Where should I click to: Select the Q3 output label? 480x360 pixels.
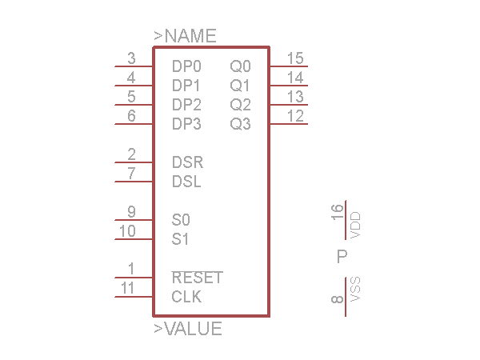pos(240,124)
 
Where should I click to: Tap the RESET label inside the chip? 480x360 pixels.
pos(197,278)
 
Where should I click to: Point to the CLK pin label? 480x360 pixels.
pos(186,297)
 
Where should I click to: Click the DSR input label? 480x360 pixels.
pos(187,162)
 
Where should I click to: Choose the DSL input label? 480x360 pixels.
pos(186,182)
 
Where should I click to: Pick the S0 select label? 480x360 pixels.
pos(181,219)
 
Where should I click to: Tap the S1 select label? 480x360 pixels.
pos(181,238)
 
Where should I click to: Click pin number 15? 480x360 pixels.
pos(294,58)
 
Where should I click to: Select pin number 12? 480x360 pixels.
pos(294,116)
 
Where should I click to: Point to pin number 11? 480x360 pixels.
pos(127,288)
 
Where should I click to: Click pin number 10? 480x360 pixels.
pos(127,231)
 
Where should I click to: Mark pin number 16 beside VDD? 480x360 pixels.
pos(337,213)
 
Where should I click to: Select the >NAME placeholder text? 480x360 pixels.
pos(185,36)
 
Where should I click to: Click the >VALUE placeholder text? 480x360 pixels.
pos(188,329)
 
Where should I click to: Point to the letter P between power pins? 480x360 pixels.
pos(342,257)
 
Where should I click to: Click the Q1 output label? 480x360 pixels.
pos(240,85)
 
